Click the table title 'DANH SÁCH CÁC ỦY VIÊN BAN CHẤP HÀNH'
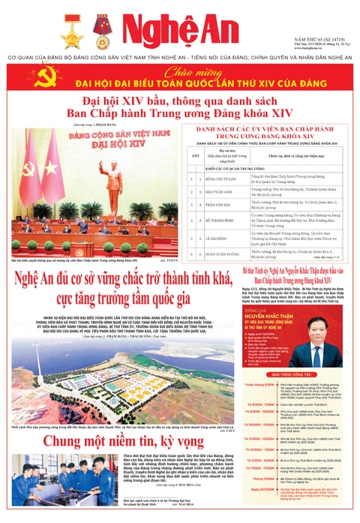(x=267, y=131)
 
